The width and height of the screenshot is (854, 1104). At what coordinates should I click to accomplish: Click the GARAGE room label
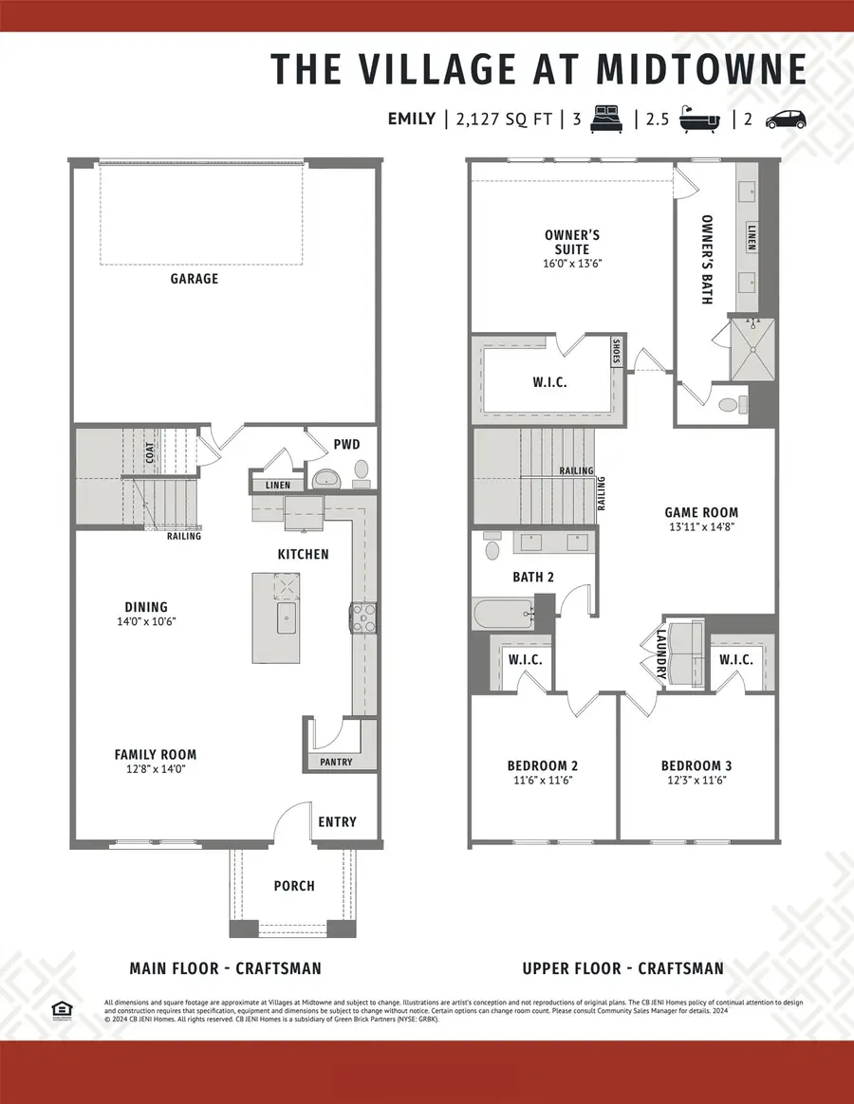pyautogui.click(x=195, y=279)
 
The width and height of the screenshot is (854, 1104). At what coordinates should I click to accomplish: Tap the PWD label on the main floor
pyautogui.click(x=346, y=444)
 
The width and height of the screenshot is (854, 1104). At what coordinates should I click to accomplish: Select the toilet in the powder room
pyautogui.click(x=361, y=470)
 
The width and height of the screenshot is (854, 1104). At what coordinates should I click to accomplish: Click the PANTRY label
pyautogui.click(x=336, y=762)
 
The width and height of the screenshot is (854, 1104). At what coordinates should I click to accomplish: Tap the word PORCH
pyautogui.click(x=294, y=886)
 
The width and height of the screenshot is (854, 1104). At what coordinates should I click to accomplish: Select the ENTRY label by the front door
pyautogui.click(x=337, y=821)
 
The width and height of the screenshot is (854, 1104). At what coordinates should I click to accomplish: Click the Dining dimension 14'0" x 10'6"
pyautogui.click(x=145, y=621)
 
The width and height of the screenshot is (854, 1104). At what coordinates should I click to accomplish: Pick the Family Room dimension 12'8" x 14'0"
pyautogui.click(x=156, y=769)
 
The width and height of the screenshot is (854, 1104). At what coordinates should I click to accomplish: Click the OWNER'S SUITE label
pyautogui.click(x=572, y=242)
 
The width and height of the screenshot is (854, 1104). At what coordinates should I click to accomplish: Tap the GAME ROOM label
pyautogui.click(x=700, y=512)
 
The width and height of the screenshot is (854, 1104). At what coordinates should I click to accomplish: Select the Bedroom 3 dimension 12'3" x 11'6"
pyautogui.click(x=696, y=780)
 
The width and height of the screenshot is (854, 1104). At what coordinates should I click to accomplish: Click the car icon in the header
pyautogui.click(x=785, y=119)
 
